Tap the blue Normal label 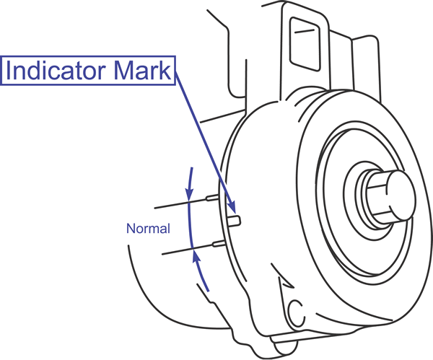tap(148, 229)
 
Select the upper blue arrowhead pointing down tap(190, 193)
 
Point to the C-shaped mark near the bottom tap(294, 312)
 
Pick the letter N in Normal tap(131, 229)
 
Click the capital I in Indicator tap(9, 71)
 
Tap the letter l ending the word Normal tap(168, 229)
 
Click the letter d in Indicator tap(35, 71)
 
